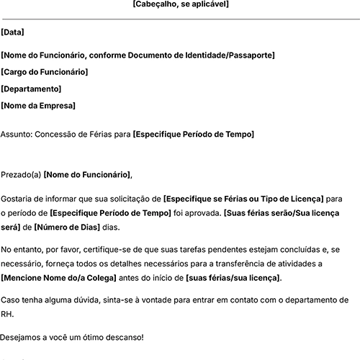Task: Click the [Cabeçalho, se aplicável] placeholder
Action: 180,4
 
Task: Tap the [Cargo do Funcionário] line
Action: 45,72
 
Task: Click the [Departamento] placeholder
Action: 31,89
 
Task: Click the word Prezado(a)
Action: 21,174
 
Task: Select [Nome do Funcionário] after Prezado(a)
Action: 88,174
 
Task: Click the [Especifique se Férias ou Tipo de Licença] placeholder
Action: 243,198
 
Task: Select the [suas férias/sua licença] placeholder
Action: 233,278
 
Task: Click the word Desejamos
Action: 22,337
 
